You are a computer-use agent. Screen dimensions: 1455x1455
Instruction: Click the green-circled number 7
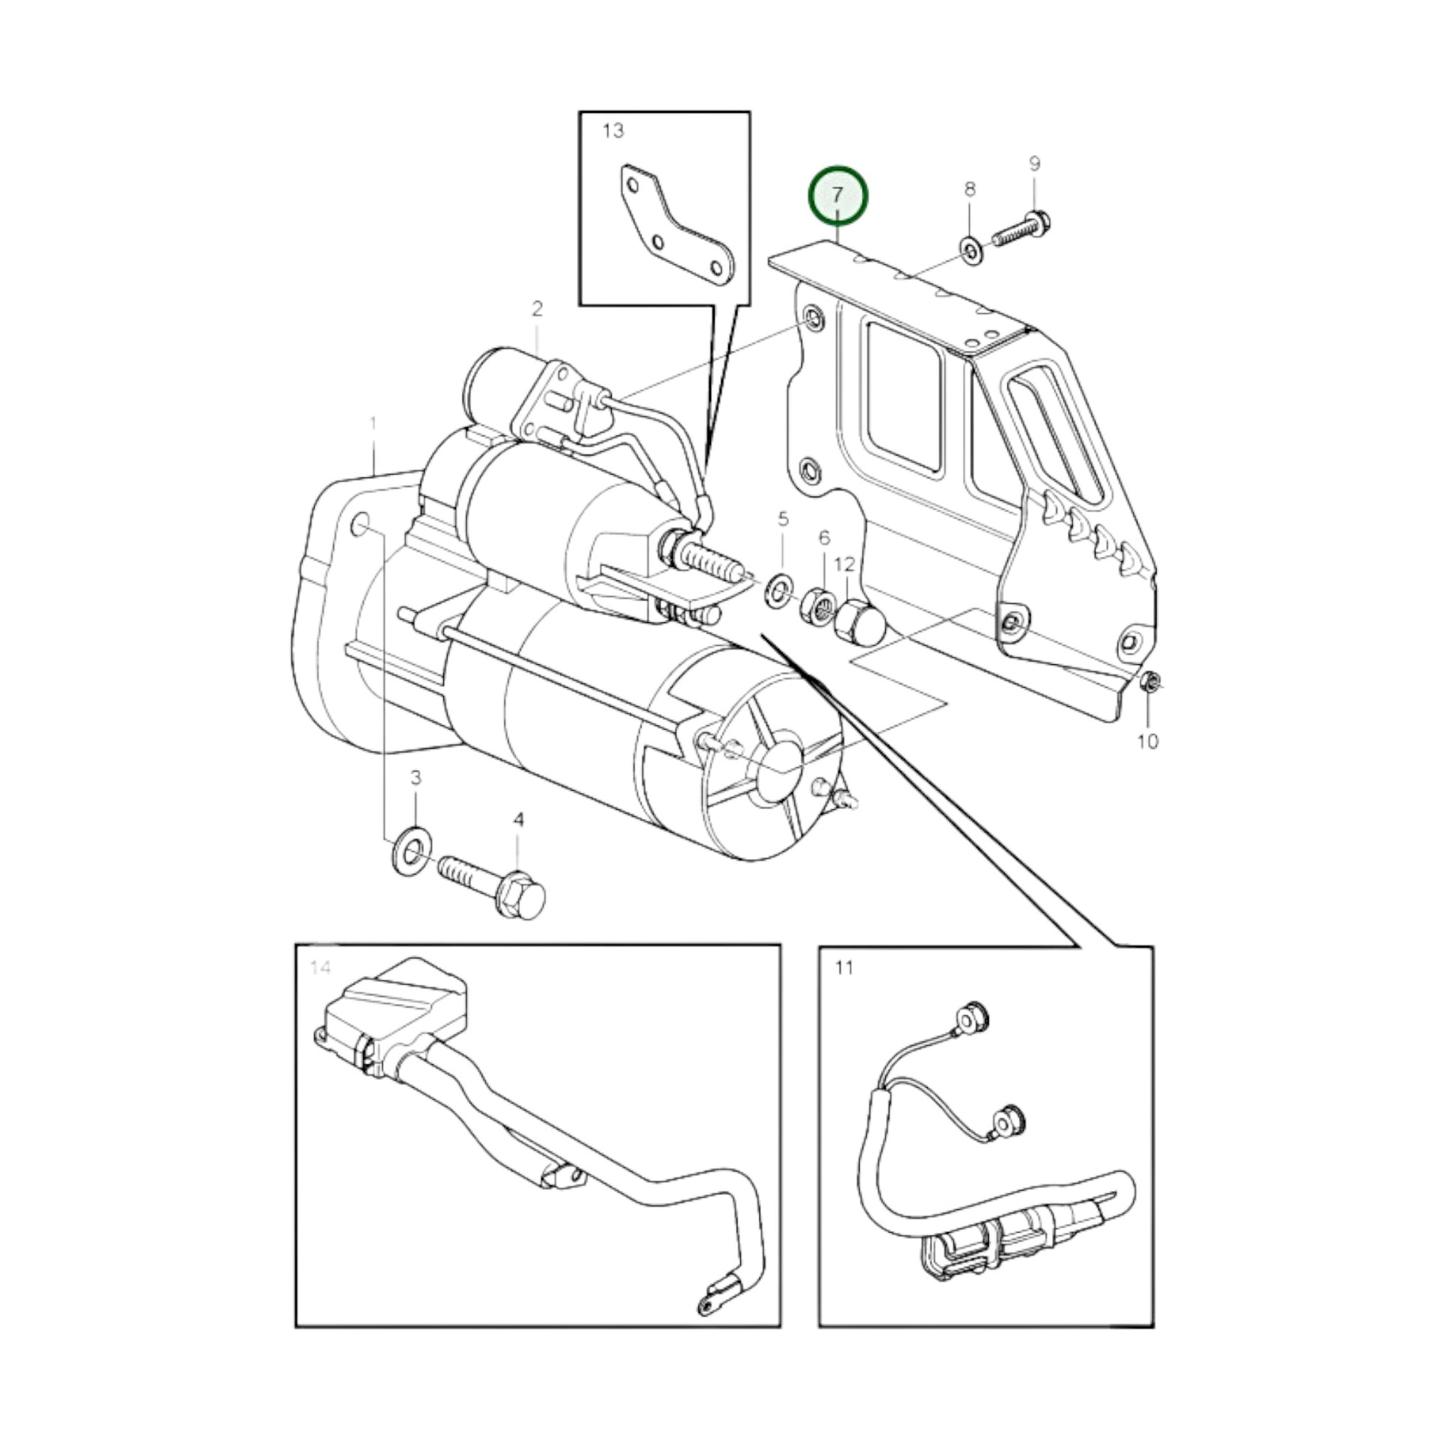click(x=837, y=196)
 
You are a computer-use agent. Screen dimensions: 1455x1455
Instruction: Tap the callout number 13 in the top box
click(x=613, y=131)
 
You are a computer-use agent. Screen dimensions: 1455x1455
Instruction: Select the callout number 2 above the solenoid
click(x=537, y=309)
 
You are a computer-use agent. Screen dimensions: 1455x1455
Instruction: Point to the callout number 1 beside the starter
click(x=373, y=425)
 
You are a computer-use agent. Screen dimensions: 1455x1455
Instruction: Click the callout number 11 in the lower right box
click(x=844, y=967)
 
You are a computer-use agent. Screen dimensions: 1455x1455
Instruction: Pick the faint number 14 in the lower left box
click(x=320, y=967)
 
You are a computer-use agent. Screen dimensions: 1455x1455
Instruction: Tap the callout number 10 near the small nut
click(x=1147, y=742)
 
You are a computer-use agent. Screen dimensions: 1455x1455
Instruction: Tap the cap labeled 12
click(x=860, y=621)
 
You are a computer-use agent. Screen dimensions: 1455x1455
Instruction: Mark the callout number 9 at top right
click(x=1035, y=164)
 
